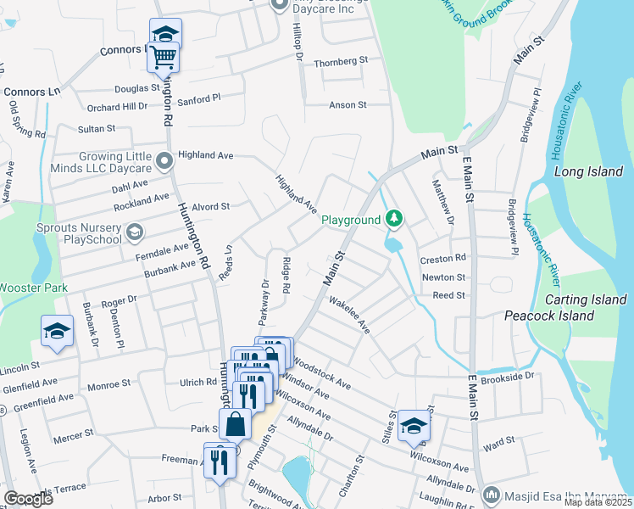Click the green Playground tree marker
(393, 220)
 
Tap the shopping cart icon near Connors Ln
(164, 57)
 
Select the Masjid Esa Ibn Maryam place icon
(490, 494)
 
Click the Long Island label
(588, 171)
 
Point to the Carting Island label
(586, 299)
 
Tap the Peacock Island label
(548, 316)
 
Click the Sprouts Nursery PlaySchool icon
(134, 232)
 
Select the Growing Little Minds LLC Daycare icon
(164, 158)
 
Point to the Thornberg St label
(342, 61)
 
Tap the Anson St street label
(348, 105)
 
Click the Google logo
(27, 499)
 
